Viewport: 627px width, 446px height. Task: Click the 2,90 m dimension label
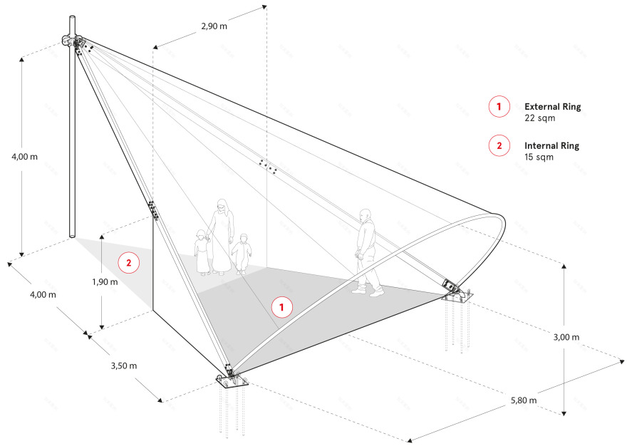point(214,26)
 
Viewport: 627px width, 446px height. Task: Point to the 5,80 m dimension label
point(524,401)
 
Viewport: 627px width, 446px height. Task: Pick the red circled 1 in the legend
point(499,107)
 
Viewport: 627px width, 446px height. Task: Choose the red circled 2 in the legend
point(499,145)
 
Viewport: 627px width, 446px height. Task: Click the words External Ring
point(552,107)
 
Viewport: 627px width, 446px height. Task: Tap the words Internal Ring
point(551,145)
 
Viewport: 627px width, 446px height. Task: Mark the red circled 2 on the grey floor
point(129,263)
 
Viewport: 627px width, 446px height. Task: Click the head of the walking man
point(366,214)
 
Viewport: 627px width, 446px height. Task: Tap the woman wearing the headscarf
point(220,235)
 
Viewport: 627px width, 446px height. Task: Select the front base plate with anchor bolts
point(232,383)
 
